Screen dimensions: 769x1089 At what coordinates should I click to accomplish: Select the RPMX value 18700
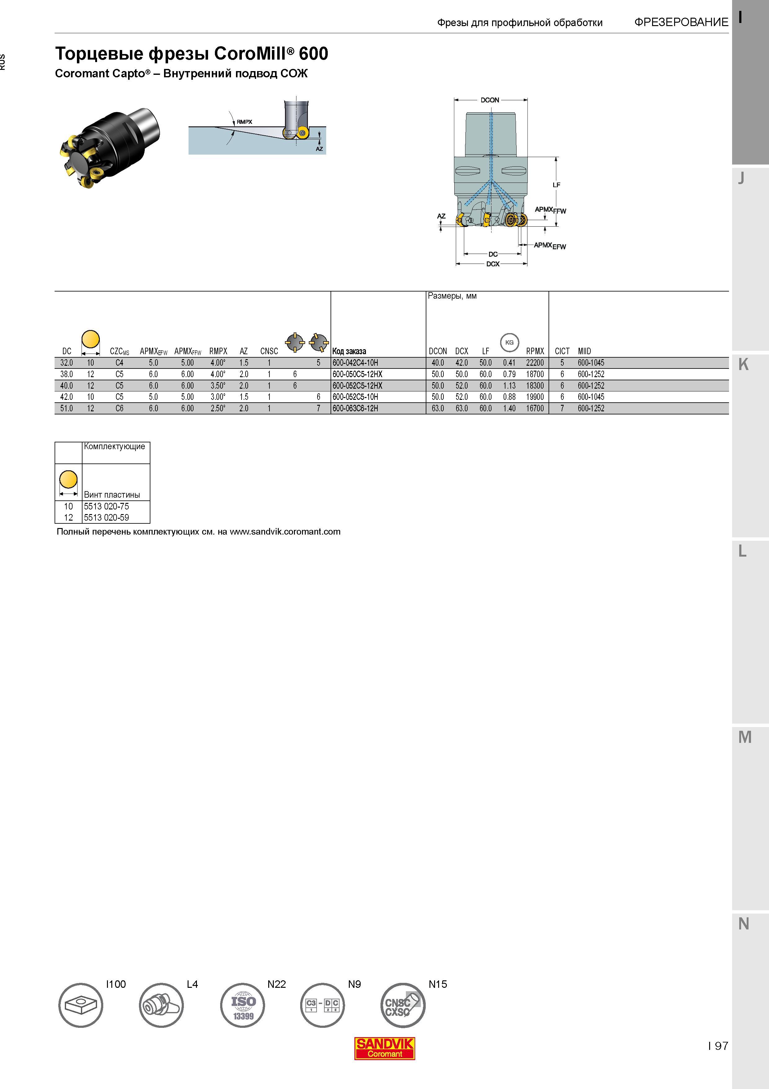click(x=535, y=374)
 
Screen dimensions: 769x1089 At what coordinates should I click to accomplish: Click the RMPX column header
click(x=218, y=351)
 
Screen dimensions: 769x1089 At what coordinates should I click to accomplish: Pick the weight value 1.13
click(x=509, y=386)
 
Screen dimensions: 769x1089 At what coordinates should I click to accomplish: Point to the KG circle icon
click(x=509, y=342)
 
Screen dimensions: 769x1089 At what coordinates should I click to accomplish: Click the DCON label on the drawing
click(x=490, y=100)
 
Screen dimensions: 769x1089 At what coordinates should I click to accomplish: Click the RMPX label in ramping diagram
click(x=244, y=122)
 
